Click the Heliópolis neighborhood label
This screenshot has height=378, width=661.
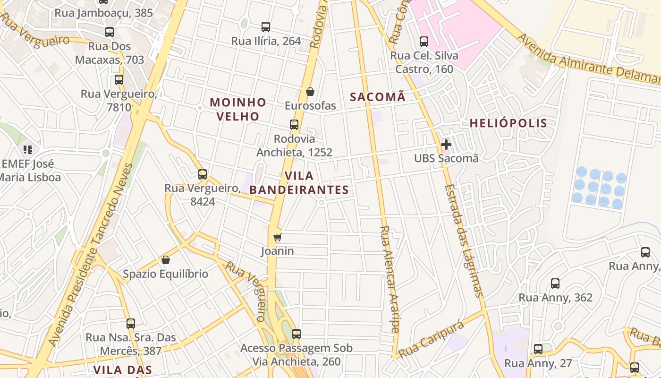click(508, 123)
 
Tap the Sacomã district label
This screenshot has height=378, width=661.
click(377, 97)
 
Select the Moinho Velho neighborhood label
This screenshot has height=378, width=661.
click(238, 109)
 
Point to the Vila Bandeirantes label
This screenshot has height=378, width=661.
click(299, 183)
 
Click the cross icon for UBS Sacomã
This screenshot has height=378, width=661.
click(446, 144)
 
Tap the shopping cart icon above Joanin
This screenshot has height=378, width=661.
click(277, 237)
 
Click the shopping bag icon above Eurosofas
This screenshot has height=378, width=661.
click(310, 92)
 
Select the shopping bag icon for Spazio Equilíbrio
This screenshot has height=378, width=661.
click(166, 260)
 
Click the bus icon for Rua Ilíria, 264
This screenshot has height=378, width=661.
click(266, 27)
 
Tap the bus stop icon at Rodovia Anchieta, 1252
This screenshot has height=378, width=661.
click(294, 125)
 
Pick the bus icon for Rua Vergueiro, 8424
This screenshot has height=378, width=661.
click(203, 174)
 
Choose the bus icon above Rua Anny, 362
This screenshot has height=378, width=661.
click(555, 283)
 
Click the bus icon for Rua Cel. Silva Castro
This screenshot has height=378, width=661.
click(424, 42)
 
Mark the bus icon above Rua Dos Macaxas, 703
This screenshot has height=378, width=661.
click(110, 32)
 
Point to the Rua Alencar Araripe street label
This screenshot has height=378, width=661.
click(390, 279)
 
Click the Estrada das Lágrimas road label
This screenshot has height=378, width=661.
click(463, 241)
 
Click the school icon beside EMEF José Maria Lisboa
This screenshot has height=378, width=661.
click(28, 150)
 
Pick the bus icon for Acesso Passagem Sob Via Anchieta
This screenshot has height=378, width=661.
click(296, 334)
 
